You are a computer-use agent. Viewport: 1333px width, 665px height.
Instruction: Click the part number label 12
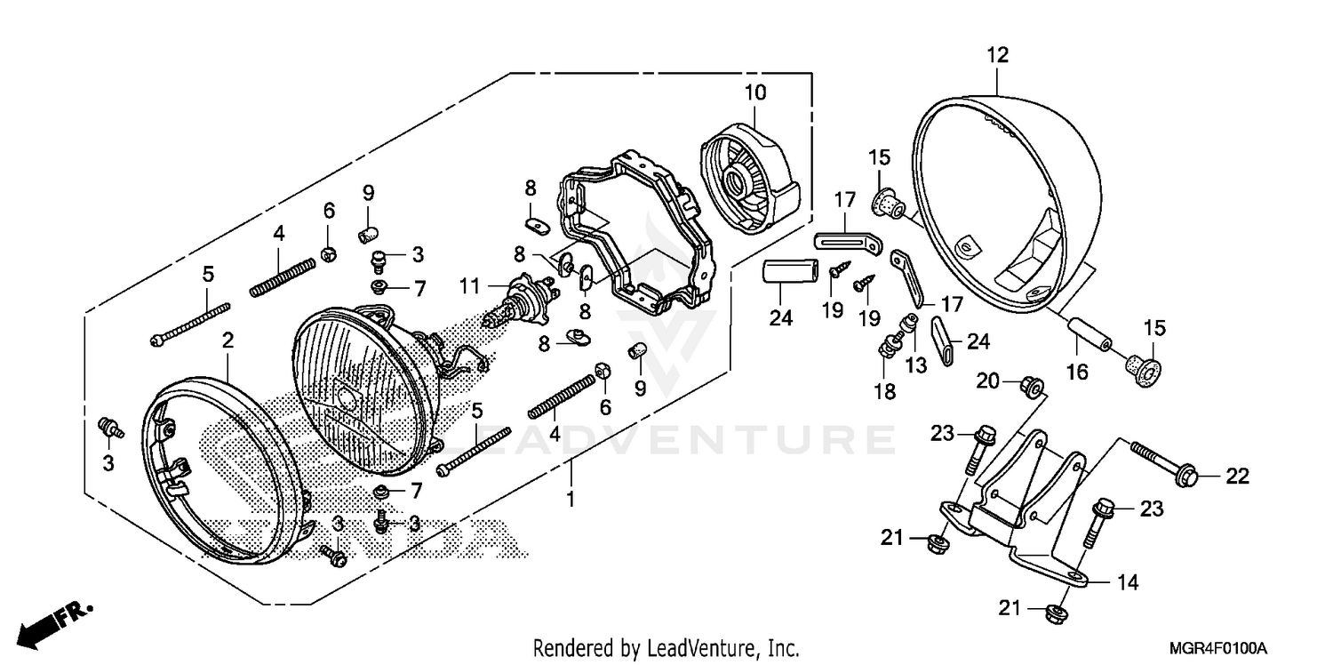(x=997, y=55)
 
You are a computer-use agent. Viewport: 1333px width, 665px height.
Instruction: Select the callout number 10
(x=754, y=92)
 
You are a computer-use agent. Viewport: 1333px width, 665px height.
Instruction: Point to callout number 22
(x=1237, y=477)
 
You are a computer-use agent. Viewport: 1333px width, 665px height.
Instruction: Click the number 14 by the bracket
(x=1127, y=583)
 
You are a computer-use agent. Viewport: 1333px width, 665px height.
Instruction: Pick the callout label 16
(x=1076, y=373)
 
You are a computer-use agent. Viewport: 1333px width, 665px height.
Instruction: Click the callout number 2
(x=227, y=341)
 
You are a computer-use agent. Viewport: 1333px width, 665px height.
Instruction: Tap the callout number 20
(x=987, y=381)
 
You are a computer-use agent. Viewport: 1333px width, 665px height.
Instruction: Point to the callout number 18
(x=884, y=390)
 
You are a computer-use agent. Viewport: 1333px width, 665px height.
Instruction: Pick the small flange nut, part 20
(x=1031, y=387)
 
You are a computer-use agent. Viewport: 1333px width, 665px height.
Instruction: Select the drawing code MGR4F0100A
(x=1217, y=646)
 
